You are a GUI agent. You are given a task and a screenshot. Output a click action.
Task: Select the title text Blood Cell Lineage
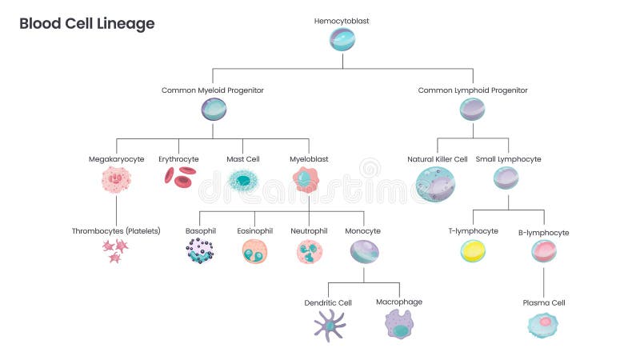click(87, 24)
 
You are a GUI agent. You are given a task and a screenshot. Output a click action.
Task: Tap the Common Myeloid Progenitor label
click(213, 90)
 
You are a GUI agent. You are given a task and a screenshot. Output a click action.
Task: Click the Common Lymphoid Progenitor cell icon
click(472, 109)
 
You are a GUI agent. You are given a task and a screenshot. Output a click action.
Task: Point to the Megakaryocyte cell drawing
click(117, 180)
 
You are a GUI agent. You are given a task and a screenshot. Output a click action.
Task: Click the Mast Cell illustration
click(242, 181)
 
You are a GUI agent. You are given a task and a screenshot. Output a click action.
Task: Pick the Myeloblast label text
click(309, 159)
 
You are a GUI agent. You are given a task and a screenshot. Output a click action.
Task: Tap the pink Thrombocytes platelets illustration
click(115, 250)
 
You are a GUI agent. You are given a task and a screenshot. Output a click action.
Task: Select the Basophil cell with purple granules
click(200, 251)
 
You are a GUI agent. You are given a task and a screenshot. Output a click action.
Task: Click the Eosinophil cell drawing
click(254, 252)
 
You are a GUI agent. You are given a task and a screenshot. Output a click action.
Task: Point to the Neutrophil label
click(309, 231)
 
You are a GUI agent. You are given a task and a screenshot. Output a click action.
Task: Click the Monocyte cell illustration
click(364, 252)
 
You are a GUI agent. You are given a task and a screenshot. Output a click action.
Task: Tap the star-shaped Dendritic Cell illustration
click(329, 324)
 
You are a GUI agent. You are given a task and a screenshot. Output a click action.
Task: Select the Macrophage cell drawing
click(399, 324)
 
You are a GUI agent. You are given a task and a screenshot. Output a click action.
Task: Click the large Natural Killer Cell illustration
click(436, 184)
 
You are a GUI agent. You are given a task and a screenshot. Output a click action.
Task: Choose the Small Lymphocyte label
click(508, 159)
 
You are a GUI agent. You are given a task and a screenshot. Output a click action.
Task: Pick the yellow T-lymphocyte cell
click(473, 252)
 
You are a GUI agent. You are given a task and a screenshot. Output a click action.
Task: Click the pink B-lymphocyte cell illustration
click(544, 252)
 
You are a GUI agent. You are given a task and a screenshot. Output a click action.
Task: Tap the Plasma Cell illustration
click(543, 324)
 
